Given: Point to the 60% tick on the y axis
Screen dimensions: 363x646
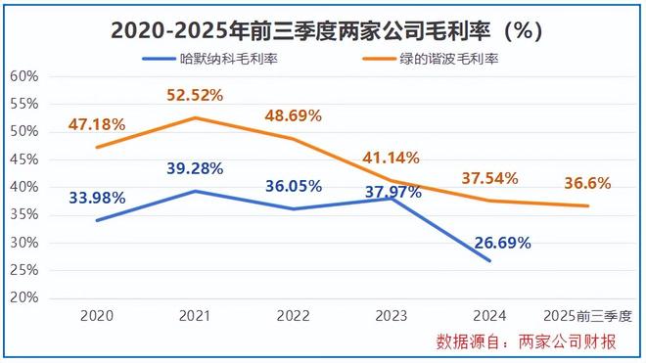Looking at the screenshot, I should [x=24, y=76].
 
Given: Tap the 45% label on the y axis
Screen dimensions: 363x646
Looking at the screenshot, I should [x=24, y=159].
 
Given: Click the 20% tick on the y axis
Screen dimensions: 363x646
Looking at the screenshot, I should [x=24, y=296].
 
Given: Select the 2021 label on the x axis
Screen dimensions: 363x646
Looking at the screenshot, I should [x=196, y=316].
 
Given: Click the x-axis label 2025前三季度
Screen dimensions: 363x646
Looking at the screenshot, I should [x=587, y=316].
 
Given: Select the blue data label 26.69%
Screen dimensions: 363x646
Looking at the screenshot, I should [x=501, y=243].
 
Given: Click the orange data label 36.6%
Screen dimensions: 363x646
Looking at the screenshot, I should [x=587, y=183].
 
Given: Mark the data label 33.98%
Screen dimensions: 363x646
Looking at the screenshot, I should [x=97, y=198].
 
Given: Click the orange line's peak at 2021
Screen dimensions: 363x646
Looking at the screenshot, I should [x=196, y=117].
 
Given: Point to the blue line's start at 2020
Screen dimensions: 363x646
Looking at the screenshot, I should [x=96, y=220].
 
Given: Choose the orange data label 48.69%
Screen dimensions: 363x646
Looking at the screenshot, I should [x=293, y=115].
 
